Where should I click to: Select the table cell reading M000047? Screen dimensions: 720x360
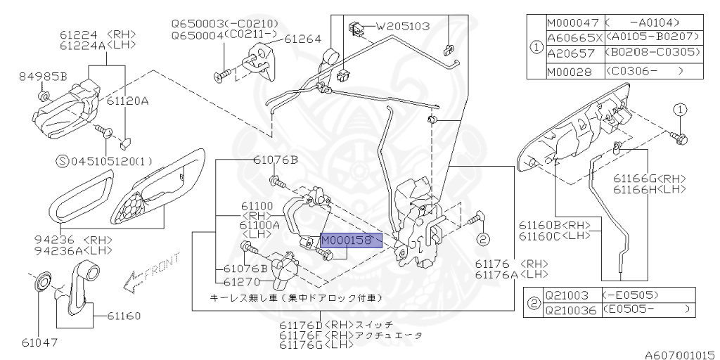coord(574,22)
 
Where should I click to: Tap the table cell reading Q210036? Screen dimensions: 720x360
coord(571,310)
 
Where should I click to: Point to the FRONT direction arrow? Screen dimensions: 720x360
coord(151,274)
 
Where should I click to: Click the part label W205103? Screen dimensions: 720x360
coord(403,26)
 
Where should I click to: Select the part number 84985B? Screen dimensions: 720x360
coord(43,76)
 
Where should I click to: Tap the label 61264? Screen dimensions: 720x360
coord(302,40)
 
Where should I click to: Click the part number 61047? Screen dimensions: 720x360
coord(39,342)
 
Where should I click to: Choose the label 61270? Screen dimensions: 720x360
coord(242,281)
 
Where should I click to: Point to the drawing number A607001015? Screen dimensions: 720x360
coord(682,355)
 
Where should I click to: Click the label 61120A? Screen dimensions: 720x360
coord(128,101)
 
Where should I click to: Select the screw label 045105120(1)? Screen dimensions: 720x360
coord(112,161)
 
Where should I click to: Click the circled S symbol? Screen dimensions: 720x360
coord(63,161)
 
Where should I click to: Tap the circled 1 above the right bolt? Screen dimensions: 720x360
coord(680,110)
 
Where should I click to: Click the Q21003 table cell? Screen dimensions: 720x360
coord(571,295)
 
